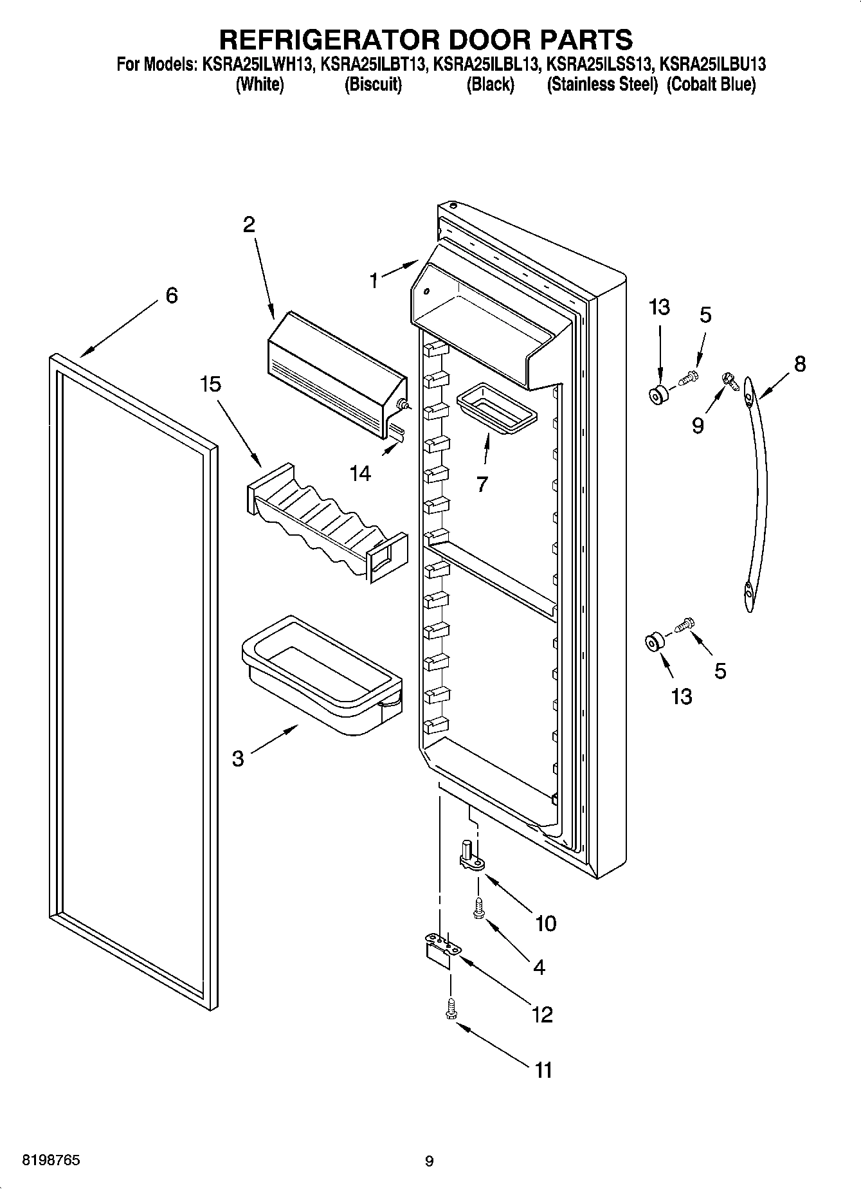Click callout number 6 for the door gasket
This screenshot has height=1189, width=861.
point(171,295)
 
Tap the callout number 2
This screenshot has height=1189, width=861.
point(248,224)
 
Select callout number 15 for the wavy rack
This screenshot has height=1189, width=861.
point(210,384)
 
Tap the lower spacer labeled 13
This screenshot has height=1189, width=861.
point(654,641)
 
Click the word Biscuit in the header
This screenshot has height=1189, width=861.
point(373,84)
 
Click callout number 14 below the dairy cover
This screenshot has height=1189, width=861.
point(360,473)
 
